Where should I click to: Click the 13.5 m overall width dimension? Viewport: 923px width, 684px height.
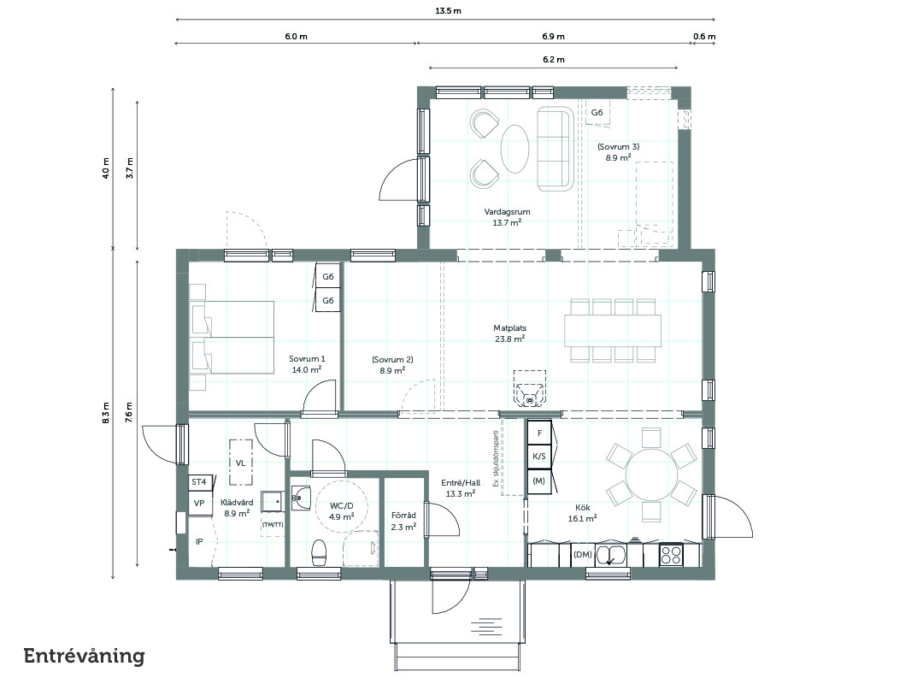(448, 10)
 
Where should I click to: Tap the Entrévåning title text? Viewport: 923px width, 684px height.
(84, 657)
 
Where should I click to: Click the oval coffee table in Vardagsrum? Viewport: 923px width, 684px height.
(514, 149)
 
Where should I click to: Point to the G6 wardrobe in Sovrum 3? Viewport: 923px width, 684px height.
(597, 113)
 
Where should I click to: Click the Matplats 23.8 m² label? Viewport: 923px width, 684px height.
(509, 333)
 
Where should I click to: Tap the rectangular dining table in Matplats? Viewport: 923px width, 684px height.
(613, 331)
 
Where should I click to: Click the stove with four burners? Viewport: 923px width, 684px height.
(671, 555)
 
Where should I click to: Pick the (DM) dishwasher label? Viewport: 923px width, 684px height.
(583, 554)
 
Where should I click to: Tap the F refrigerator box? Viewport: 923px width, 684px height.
(539, 433)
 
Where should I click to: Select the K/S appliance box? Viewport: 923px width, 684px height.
(539, 457)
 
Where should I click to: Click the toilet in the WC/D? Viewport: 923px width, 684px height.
(319, 552)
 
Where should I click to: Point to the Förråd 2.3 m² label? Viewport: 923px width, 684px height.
(403, 522)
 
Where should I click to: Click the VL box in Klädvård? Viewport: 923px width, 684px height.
(241, 463)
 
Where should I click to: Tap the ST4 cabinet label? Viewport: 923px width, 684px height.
(199, 482)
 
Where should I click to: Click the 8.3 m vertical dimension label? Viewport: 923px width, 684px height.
(105, 414)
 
